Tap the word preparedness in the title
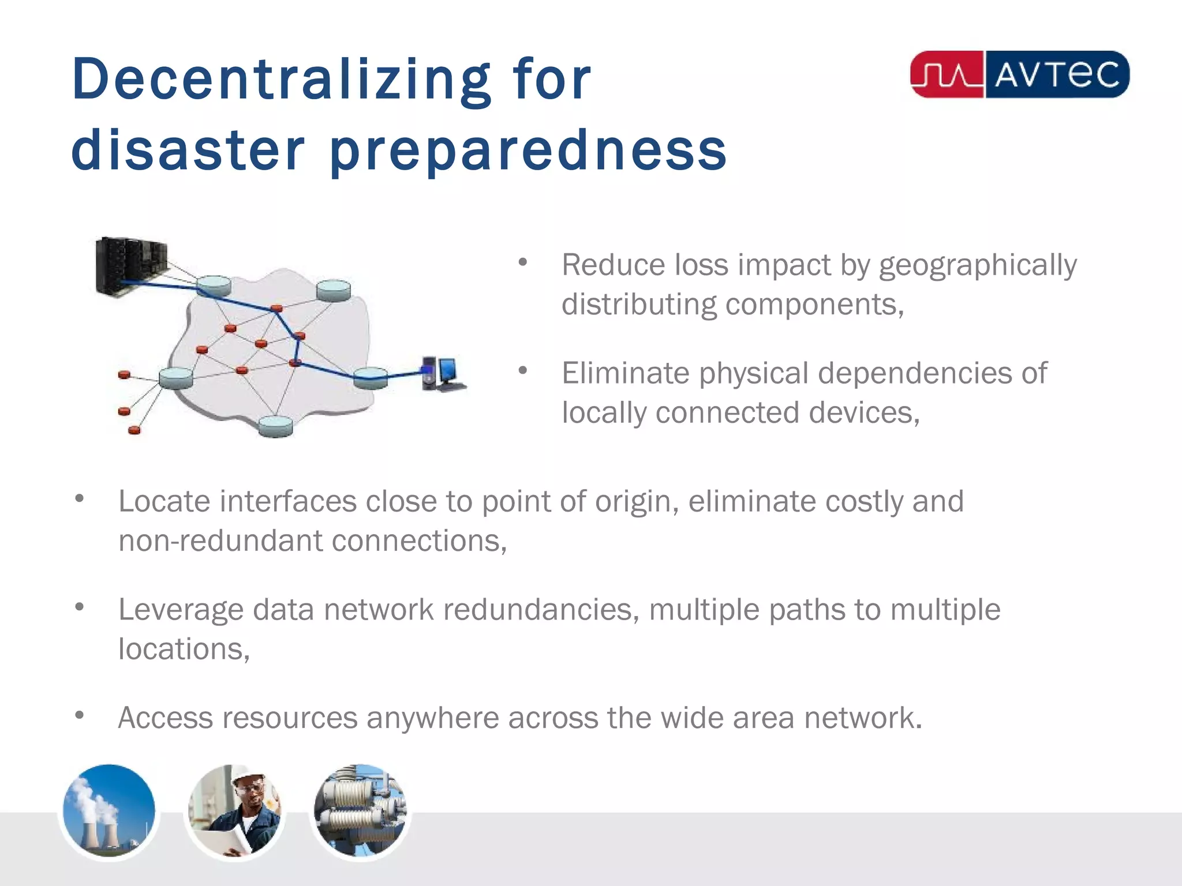pyautogui.click(x=528, y=151)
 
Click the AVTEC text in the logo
pyautogui.click(x=1056, y=75)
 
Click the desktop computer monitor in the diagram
pyautogui.click(x=448, y=371)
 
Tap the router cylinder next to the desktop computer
pyautogui.click(x=370, y=377)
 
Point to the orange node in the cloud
pyautogui.click(x=261, y=344)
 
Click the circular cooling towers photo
pyautogui.click(x=109, y=812)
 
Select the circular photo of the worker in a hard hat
pyautogui.click(x=234, y=812)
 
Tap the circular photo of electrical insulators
pyautogui.click(x=360, y=812)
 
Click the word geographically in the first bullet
pyautogui.click(x=978, y=266)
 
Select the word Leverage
pyautogui.click(x=181, y=610)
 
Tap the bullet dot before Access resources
pyautogui.click(x=80, y=716)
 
